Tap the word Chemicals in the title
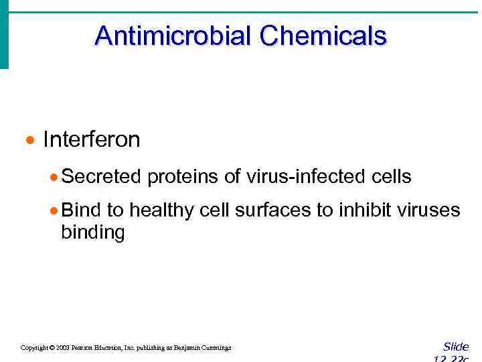323,36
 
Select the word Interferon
92,139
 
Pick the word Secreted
101,177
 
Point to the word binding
92,233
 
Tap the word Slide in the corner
456,347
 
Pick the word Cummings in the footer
214,348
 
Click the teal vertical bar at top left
4,34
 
